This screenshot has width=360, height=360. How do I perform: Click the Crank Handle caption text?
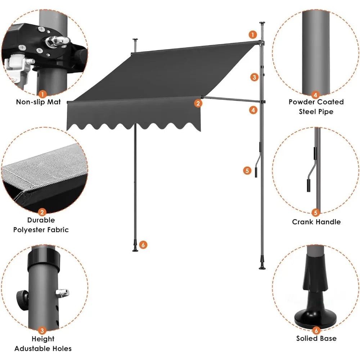point(316,222)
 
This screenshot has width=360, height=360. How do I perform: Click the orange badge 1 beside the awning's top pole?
point(253,35)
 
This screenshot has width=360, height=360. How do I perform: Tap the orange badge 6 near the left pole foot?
point(143,245)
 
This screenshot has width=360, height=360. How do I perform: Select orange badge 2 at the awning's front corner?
point(198,103)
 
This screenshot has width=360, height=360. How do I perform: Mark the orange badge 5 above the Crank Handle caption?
point(316,213)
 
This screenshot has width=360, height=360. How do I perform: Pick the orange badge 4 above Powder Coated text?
point(316,95)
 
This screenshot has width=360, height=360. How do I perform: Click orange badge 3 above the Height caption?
point(42,330)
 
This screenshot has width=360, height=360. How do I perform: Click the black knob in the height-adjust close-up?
point(21,298)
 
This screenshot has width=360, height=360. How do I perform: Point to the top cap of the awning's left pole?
point(135,39)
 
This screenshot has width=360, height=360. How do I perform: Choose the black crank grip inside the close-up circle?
point(309,185)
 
